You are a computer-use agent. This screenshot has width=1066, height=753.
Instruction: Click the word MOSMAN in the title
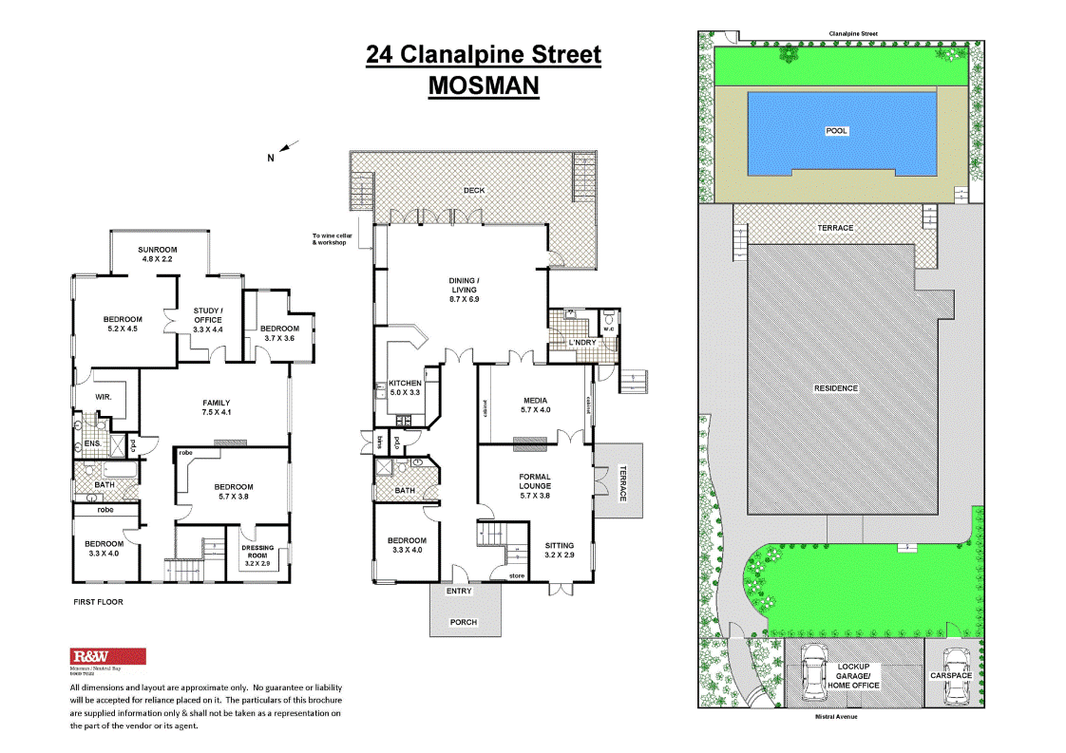click(x=484, y=85)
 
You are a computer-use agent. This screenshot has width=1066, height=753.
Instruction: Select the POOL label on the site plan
click(x=836, y=131)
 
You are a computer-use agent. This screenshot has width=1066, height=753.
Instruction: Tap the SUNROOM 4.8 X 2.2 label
click(x=158, y=253)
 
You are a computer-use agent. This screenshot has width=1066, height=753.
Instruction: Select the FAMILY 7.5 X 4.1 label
click(x=217, y=406)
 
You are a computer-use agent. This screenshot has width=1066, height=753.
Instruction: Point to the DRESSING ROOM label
click(x=258, y=553)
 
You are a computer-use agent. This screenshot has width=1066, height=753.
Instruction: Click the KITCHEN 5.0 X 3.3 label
click(x=406, y=387)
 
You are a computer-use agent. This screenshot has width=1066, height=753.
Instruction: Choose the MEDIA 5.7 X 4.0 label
click(x=536, y=405)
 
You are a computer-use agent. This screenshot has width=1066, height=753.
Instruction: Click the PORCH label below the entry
click(x=463, y=622)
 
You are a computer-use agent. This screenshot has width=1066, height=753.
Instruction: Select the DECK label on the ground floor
click(x=474, y=190)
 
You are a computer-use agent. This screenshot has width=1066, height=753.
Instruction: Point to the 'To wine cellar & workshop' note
click(x=330, y=239)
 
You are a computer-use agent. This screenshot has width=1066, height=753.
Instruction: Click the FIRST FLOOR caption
click(x=98, y=602)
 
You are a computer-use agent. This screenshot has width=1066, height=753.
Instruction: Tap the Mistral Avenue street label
click(x=838, y=717)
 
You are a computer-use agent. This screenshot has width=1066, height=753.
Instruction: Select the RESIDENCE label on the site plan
click(x=836, y=387)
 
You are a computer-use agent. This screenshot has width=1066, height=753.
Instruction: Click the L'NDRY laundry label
click(x=581, y=342)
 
